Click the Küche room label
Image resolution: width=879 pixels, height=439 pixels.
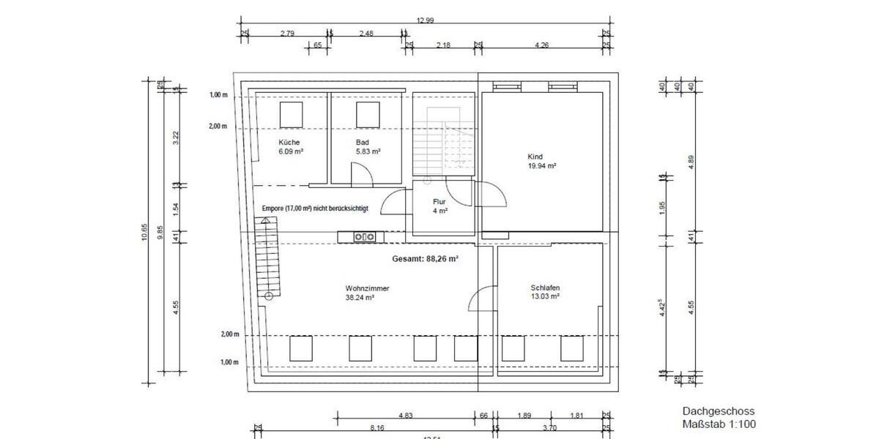coord(289,142)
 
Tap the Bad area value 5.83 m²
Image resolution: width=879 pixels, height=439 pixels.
coord(368,151)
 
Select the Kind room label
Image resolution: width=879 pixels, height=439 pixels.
coord(535,157)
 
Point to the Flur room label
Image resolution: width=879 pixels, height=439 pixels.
coord(439,200)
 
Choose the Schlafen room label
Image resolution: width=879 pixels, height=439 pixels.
coord(546,288)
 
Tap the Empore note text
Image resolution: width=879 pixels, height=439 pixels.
coord(315,209)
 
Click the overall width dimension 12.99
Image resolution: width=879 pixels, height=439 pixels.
coord(425,20)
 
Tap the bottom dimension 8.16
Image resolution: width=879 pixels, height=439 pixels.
coord(377,427)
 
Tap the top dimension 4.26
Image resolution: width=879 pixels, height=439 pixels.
coord(542,45)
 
